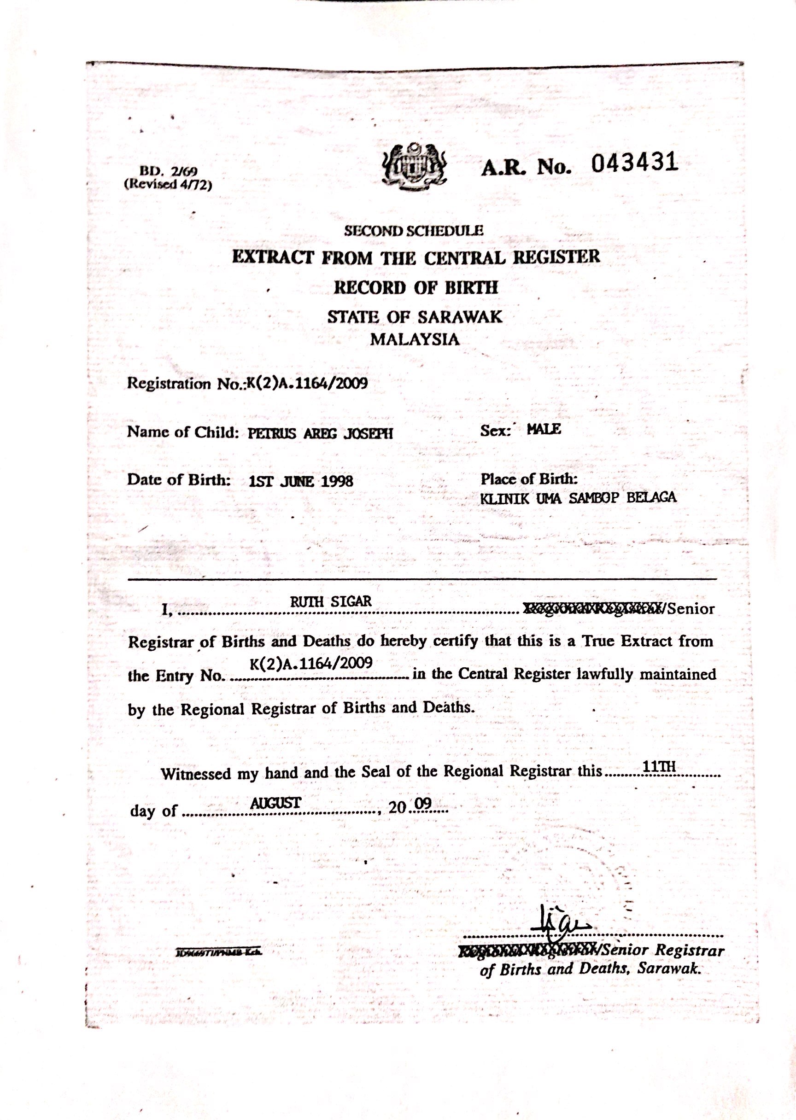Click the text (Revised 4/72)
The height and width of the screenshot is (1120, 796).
[x=168, y=184]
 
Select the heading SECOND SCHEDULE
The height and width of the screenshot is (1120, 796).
[x=414, y=230]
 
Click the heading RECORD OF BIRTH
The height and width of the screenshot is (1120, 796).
[x=416, y=287]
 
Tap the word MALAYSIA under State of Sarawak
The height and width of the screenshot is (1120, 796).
[x=415, y=339]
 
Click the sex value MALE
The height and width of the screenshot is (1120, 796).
[x=544, y=430]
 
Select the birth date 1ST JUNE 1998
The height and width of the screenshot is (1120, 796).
[x=301, y=481]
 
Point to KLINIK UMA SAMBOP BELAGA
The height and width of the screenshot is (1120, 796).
[x=579, y=498]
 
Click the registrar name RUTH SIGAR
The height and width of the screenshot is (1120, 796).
[x=331, y=601]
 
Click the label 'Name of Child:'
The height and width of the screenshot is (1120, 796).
[x=183, y=432]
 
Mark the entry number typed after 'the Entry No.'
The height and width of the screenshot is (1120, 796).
[x=311, y=663]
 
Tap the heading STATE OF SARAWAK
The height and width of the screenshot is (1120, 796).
[x=415, y=316]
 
